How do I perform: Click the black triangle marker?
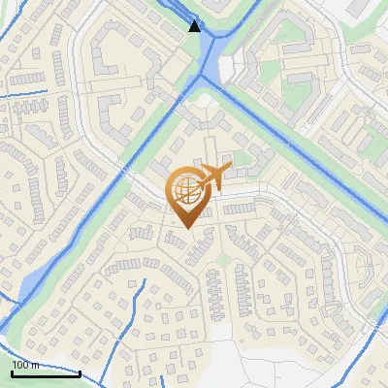click(195, 26)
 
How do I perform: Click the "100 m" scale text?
click(25, 365)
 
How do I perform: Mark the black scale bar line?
click(46, 372)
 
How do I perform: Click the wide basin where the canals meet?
click(209, 73)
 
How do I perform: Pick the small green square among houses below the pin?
click(222, 259)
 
